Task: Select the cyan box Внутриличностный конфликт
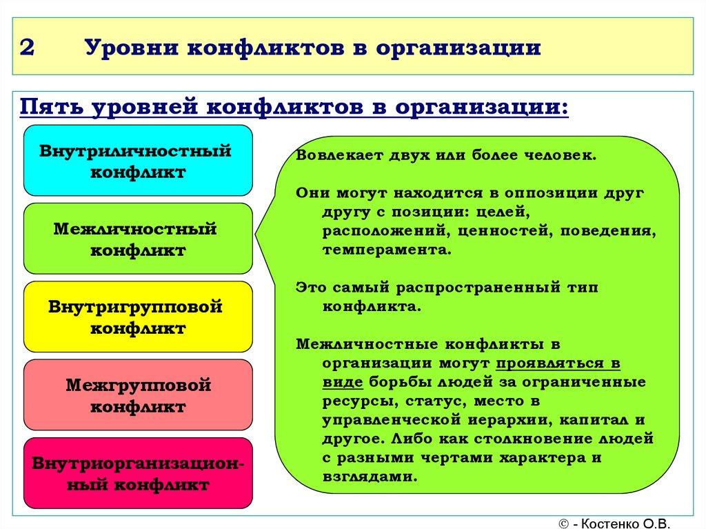(x=138, y=161)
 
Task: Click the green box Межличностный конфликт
(x=138, y=239)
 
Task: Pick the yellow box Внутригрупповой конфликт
(x=138, y=317)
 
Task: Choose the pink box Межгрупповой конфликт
(x=138, y=395)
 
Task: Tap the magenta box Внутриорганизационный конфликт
(x=138, y=473)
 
